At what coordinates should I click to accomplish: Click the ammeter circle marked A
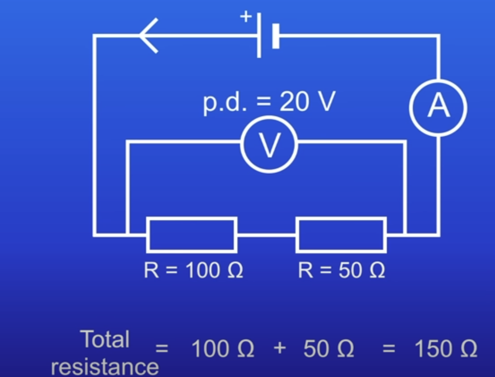pos(438,107)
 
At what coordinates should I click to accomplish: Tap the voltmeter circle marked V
pos(269,144)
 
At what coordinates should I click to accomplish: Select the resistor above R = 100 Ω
pos(192,235)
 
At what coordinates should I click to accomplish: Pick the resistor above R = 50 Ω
pos(341,235)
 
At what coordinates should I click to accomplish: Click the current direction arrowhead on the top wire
pos(148,36)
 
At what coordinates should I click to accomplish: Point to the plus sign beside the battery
pos(246,17)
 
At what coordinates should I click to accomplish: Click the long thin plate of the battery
pos(259,35)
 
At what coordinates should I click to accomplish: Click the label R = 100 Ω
pos(193,271)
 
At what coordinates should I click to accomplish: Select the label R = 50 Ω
pos(341,271)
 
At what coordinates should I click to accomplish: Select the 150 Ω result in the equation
pos(445,349)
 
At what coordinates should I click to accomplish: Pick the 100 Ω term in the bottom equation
pos(223,349)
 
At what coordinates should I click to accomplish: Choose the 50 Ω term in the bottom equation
pos(329,349)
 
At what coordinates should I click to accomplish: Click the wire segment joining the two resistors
pos(267,235)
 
